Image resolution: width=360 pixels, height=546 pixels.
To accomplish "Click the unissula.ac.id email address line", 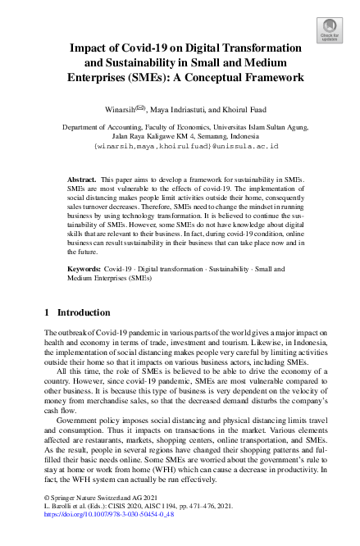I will [x=187, y=145].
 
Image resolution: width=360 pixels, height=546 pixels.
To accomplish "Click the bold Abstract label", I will [x=80, y=178].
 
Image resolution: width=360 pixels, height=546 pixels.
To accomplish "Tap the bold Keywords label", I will [x=84, y=268].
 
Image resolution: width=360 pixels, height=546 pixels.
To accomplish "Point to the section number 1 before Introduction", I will [x=46, y=312].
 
